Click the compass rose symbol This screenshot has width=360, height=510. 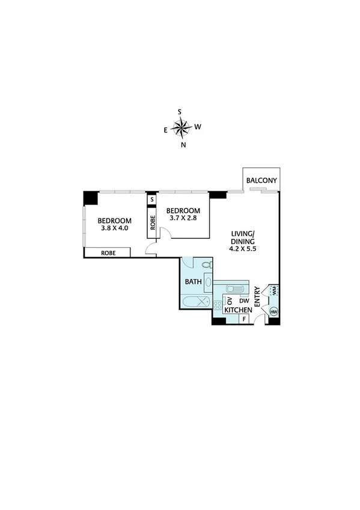tap(181, 127)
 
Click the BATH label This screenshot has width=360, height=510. tap(193, 281)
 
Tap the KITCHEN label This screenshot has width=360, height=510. tap(237, 310)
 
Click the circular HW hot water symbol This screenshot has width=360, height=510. tap(274, 312)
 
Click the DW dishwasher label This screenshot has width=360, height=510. tap(244, 300)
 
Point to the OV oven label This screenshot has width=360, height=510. tap(230, 301)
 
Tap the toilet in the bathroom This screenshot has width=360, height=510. tap(206, 265)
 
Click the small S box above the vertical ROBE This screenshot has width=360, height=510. tap(152, 199)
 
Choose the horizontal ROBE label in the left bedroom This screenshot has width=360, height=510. tap(108, 253)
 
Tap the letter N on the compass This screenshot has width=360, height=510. tap(183, 144)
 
